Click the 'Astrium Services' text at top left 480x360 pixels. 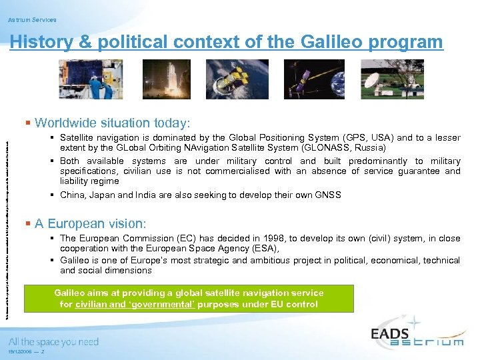(x=32, y=20)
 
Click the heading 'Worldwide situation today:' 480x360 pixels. (x=112, y=123)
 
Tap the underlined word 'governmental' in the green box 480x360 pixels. (x=175, y=305)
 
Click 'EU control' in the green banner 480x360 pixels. (x=295, y=305)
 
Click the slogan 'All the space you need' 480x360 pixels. (x=53, y=342)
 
